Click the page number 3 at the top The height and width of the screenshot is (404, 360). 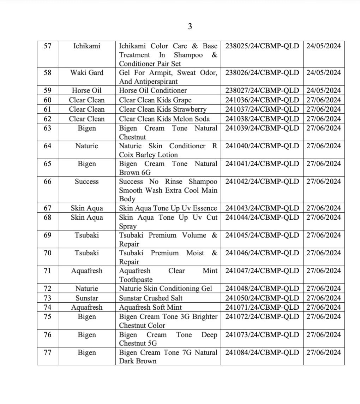(190, 26)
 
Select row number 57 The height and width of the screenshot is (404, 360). (47, 46)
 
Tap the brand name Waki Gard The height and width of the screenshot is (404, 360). (87, 73)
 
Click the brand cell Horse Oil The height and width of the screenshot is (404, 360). (87, 90)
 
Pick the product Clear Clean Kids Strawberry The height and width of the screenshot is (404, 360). (163, 109)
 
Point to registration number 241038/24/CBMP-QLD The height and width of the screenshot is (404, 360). (262, 119)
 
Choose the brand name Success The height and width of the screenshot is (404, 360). (87, 182)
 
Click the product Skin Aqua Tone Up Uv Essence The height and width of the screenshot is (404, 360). (168, 208)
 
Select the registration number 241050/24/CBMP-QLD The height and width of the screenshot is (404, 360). (262, 298)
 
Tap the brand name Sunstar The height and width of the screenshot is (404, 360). (87, 298)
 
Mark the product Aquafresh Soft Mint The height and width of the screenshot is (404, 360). (150, 307)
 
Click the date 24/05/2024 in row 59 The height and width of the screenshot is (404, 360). (324, 90)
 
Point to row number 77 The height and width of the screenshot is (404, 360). (47, 352)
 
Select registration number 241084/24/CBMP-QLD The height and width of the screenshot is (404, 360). (262, 352)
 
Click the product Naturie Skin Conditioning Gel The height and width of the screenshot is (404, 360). (166, 289)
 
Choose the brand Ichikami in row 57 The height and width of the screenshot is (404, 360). (87, 46)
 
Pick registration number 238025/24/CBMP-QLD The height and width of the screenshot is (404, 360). (262, 46)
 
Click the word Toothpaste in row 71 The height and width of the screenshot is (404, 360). (136, 280)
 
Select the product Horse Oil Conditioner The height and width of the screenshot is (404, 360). (153, 90)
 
